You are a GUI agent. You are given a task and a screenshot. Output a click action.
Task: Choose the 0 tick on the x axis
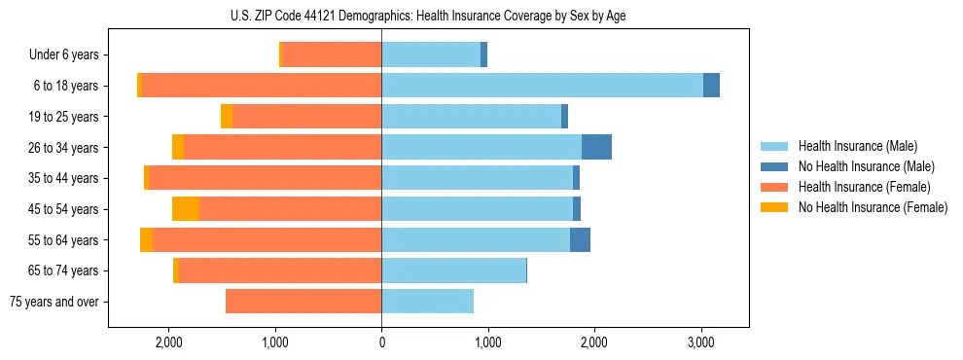[x=381, y=342]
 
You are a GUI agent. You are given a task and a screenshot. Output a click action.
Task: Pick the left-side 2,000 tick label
[x=169, y=342]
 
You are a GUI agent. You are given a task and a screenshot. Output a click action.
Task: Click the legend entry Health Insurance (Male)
[x=856, y=146]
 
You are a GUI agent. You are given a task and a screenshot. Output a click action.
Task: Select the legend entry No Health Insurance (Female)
[x=873, y=207]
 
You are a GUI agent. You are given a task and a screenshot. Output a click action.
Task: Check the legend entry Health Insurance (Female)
[x=864, y=187]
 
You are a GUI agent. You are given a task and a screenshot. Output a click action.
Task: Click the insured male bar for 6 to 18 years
[x=542, y=86]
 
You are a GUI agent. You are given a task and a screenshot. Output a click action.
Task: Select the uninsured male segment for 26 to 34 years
[x=596, y=147]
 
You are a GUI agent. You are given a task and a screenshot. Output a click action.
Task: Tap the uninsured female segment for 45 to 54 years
[x=186, y=208]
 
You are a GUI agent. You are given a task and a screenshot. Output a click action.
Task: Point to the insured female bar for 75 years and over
[x=303, y=302]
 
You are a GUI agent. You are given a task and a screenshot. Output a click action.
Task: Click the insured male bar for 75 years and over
[x=427, y=302]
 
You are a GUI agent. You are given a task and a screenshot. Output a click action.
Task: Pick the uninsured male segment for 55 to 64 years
[x=580, y=239]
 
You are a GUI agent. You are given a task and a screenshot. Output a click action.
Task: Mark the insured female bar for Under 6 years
[x=332, y=55]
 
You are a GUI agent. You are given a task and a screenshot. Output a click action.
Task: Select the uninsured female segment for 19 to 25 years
[x=227, y=117]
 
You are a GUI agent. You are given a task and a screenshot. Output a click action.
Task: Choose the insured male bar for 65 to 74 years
[x=453, y=270]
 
